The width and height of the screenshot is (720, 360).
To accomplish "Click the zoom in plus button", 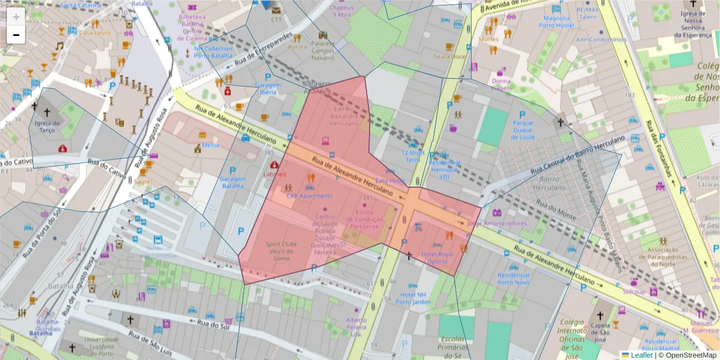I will (x=16, y=17).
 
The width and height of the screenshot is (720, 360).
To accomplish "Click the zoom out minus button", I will (x=16, y=35).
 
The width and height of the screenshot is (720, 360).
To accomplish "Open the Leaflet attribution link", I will (x=641, y=355).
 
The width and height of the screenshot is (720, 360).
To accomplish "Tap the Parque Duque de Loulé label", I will (x=522, y=130).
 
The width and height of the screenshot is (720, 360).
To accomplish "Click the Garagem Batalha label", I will (x=233, y=182).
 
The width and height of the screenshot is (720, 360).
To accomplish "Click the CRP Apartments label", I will (x=309, y=196).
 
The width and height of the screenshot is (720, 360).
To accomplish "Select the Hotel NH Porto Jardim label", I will (x=413, y=298).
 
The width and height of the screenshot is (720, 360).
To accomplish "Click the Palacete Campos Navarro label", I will (x=323, y=50).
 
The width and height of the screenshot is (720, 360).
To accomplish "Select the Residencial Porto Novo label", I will (x=513, y=278).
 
